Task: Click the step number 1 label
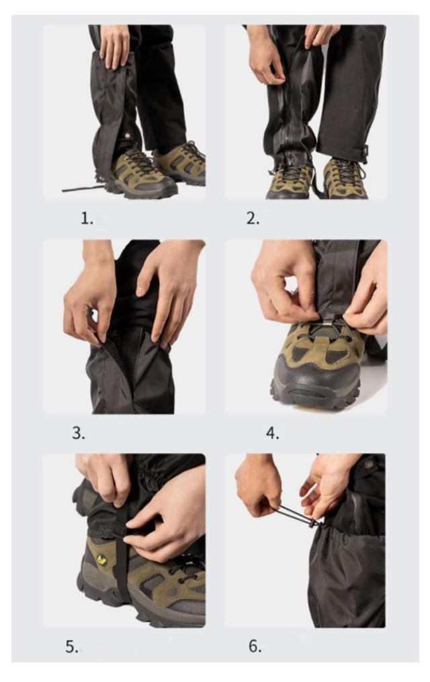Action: tap(87, 218)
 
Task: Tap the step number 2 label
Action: tap(253, 218)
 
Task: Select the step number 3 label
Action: tap(79, 433)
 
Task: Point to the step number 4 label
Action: tap(273, 433)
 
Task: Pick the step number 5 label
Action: tap(72, 647)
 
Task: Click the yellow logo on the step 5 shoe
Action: tap(102, 560)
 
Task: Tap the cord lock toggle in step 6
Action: tap(312, 523)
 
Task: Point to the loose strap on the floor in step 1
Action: tap(83, 188)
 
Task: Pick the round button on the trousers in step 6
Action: tap(369, 465)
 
